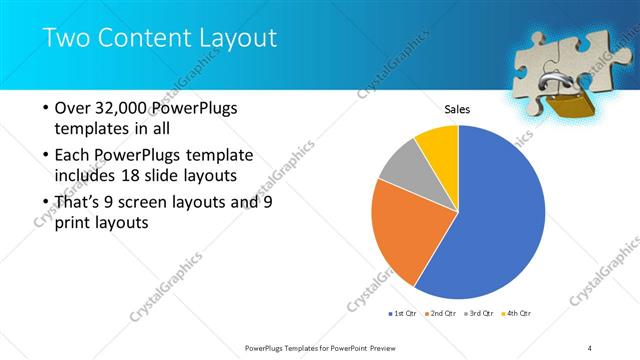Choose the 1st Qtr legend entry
coord(402,313)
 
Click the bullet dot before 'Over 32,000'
coord(43,110)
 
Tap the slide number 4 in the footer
coord(590,347)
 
